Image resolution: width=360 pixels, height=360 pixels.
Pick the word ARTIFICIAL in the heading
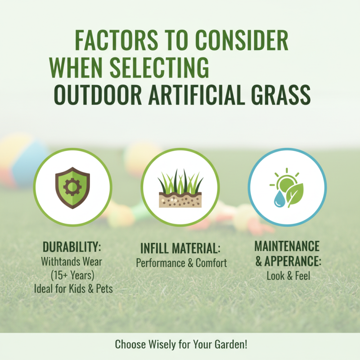(192, 94)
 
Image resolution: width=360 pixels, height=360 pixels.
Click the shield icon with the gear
(72, 187)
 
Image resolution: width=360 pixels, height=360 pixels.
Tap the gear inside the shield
(72, 185)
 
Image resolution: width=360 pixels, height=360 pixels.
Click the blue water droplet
(276, 198)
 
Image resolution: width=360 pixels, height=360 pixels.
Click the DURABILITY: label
(72, 247)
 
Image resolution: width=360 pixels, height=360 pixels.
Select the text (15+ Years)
(73, 275)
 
